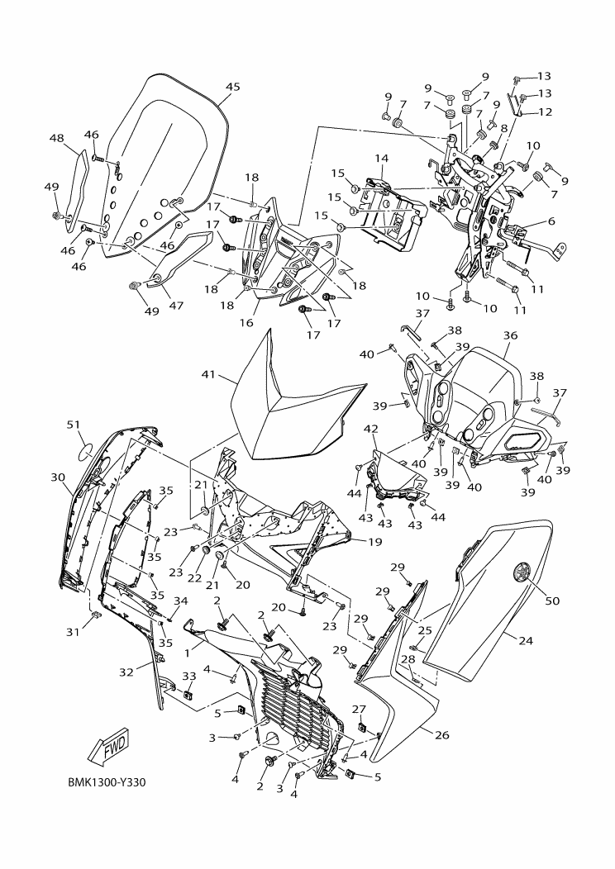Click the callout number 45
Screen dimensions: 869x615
[232, 87]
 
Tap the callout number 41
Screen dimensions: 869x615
[208, 374]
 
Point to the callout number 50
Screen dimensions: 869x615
[552, 601]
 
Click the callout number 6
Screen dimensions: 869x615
[550, 221]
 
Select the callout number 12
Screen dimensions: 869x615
[546, 112]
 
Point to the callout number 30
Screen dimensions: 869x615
[58, 477]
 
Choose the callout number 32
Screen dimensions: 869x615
[126, 672]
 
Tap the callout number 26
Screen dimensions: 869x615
[442, 735]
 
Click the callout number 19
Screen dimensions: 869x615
[374, 543]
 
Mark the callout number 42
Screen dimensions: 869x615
[371, 429]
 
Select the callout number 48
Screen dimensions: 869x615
[57, 139]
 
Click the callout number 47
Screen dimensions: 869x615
[175, 306]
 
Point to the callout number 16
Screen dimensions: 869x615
[246, 322]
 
